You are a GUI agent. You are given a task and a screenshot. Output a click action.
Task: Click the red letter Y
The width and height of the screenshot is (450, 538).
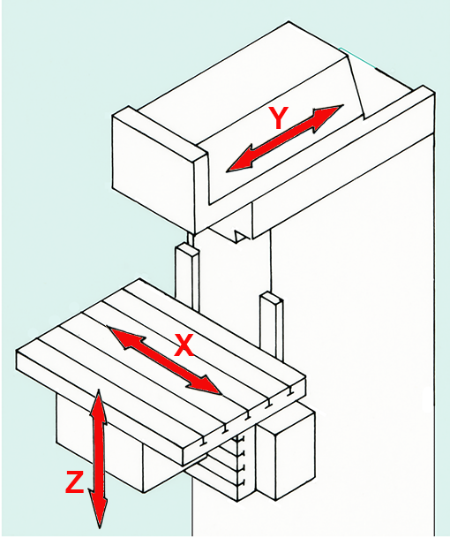[279, 117]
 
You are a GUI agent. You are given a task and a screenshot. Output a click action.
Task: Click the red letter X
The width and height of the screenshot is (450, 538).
[184, 345]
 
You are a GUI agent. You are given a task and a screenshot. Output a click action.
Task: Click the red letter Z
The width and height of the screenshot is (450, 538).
[74, 482]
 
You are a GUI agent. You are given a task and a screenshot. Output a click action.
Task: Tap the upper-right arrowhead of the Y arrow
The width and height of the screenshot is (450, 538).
[328, 117]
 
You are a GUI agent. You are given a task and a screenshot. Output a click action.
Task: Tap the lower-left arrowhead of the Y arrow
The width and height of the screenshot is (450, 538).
[241, 160]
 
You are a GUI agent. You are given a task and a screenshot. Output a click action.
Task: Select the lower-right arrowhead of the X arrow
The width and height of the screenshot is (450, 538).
[205, 385]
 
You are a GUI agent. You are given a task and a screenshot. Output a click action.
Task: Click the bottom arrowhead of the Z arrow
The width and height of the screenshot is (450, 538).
[98, 511]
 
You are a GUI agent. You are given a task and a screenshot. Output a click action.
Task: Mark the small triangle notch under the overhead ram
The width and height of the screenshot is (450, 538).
[240, 237]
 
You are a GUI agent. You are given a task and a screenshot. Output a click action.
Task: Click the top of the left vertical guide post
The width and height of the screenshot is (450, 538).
[187, 248]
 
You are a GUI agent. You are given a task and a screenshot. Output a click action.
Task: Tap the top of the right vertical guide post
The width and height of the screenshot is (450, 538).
[272, 297]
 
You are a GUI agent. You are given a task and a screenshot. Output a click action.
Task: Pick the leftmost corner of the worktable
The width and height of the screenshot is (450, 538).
[17, 351]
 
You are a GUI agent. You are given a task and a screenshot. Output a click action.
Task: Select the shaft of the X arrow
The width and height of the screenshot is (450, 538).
[165, 360]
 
